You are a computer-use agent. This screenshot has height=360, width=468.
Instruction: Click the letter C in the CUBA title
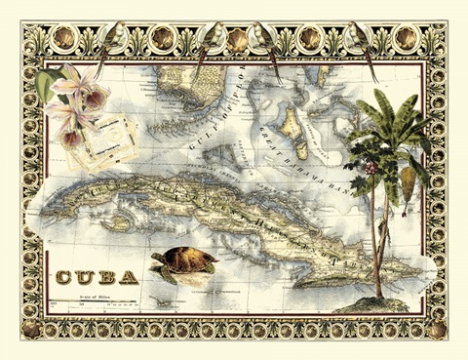pyautogui.click(x=65, y=276)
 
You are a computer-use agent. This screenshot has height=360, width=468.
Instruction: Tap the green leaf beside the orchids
pyautogui.click(x=47, y=85)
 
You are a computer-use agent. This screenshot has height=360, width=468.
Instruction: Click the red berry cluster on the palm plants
pyautogui.click(x=371, y=168)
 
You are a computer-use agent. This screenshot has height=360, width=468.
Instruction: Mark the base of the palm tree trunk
pyautogui.click(x=377, y=295)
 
